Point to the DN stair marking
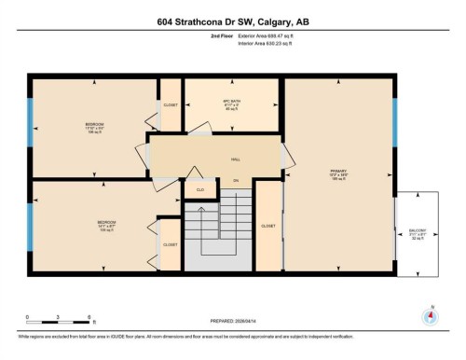pos(237,180)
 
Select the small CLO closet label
pos(199,189)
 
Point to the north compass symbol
pos(430,316)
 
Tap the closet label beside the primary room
pos(267,227)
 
